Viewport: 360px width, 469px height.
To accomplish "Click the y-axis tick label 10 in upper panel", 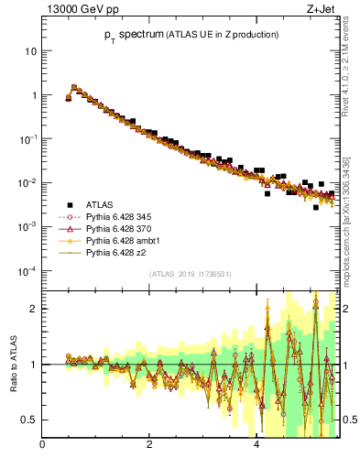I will coord(29,51).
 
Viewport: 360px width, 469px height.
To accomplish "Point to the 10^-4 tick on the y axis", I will coord(27,271).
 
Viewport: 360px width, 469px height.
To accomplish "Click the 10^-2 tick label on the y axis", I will coord(27,183).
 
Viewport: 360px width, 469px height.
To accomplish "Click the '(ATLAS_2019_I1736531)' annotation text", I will coord(190,274).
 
